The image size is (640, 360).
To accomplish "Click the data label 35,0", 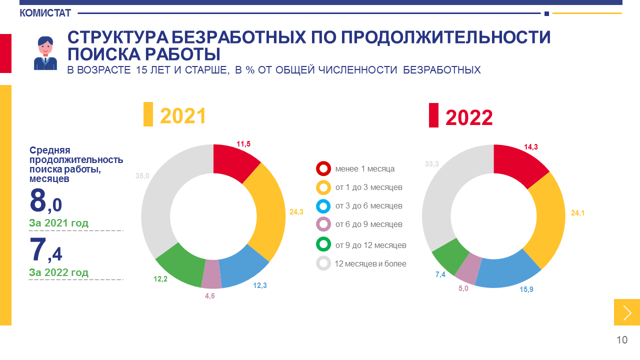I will [142, 175].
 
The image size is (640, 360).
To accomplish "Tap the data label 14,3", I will [531, 147].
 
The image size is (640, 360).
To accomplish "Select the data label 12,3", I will [260, 285].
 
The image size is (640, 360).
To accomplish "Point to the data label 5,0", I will [463, 288].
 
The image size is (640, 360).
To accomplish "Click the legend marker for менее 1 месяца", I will [323, 168].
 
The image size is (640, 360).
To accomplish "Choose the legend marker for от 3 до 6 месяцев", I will [323, 206].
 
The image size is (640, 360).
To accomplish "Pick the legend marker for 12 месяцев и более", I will [323, 263].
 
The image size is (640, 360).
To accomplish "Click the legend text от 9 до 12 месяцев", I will [370, 245].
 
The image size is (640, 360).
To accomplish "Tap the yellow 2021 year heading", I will [183, 116].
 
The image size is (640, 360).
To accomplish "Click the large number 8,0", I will [45, 200].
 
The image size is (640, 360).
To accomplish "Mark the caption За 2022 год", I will [59, 272].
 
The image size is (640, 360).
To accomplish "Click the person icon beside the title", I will [45, 52].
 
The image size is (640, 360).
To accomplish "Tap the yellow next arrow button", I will [627, 312].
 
